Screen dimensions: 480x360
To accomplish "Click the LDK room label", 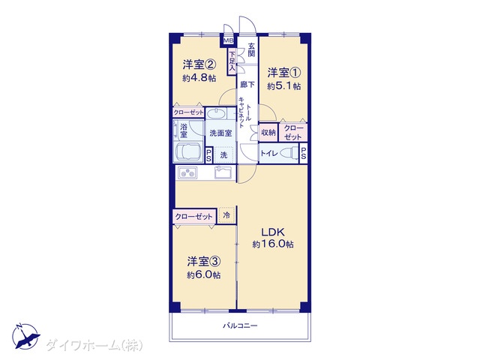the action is pyautogui.click(x=273, y=232).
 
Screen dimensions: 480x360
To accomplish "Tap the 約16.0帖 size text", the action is pyautogui.click(x=273, y=244).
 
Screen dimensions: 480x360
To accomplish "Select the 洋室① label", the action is pyautogui.click(x=284, y=73).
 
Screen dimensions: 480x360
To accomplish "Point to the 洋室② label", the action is pyautogui.click(x=199, y=64).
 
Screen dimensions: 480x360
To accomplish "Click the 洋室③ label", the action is pyautogui.click(x=204, y=262).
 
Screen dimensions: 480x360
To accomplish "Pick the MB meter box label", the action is pyautogui.click(x=228, y=40).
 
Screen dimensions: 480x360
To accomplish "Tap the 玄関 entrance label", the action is pyautogui.click(x=251, y=50).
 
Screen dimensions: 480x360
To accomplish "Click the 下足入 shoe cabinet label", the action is pyautogui.click(x=232, y=61).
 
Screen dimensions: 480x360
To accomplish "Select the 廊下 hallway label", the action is pyautogui.click(x=247, y=85).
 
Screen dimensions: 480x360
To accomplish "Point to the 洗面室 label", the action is pyautogui.click(x=220, y=133).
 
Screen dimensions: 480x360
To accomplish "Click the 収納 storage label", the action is pyautogui.click(x=268, y=133).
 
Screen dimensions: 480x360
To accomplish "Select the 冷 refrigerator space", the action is pyautogui.click(x=226, y=215).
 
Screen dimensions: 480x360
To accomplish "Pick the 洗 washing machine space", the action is pyautogui.click(x=224, y=155).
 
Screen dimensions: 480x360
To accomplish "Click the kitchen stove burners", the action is pyautogui.click(x=188, y=173).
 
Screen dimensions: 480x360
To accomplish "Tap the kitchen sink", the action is pyautogui.click(x=225, y=172).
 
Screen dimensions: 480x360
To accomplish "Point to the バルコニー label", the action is pyautogui.click(x=240, y=325).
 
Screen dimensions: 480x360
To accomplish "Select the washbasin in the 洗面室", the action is pyautogui.click(x=216, y=114).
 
